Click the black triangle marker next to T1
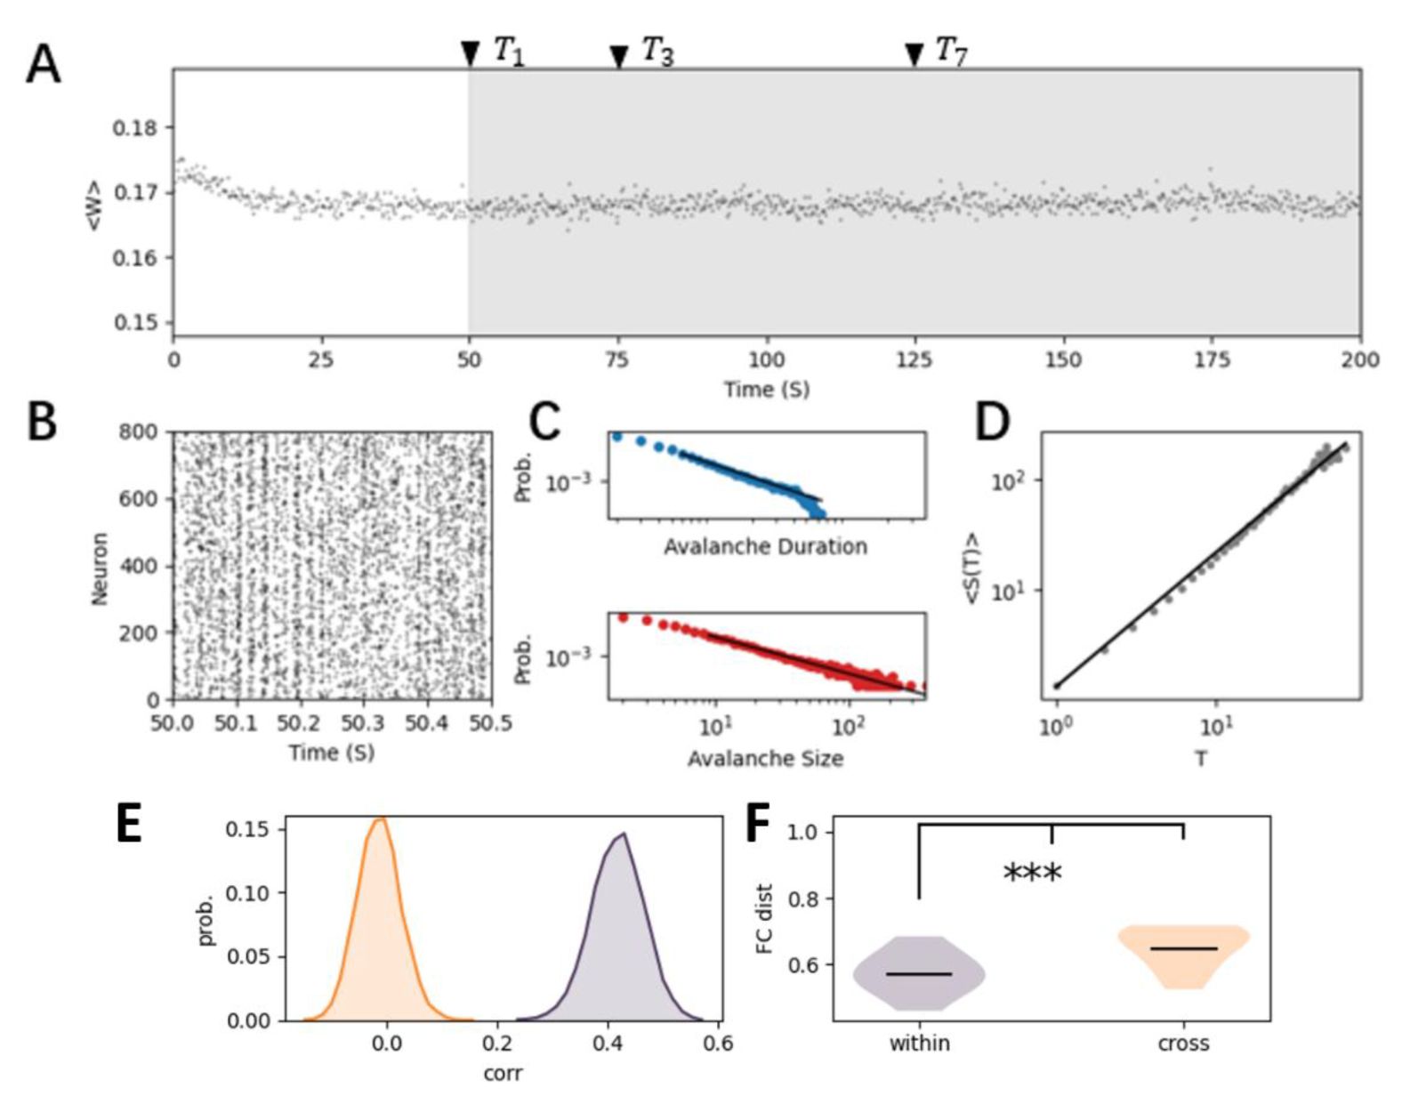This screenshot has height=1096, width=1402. coord(470,53)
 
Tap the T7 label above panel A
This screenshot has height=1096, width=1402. coord(951,52)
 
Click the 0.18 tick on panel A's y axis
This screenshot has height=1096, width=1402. coord(134,128)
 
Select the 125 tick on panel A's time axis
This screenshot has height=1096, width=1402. coord(915,359)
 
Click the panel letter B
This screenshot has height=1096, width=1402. coord(42,422)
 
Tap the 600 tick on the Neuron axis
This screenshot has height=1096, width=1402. coord(138,499)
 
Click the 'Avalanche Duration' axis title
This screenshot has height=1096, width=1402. coord(765,546)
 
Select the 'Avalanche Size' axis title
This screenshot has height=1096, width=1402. coord(765,758)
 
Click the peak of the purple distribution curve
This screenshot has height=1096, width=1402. coord(624,834)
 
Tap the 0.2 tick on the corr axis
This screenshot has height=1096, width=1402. coord(497,1042)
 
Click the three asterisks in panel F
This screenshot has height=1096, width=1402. coord(1032,873)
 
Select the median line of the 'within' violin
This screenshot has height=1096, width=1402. coord(919,974)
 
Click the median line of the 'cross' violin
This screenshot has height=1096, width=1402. coord(1183,948)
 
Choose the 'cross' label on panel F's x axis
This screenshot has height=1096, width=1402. coord(1183,1043)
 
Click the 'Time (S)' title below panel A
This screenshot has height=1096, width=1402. coord(766,389)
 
